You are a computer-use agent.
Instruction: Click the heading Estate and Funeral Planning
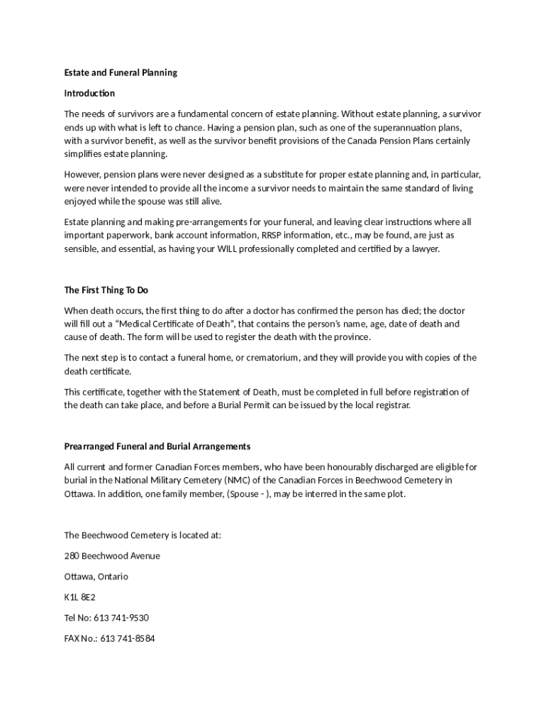(121, 72)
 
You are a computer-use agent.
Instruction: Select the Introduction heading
(89, 93)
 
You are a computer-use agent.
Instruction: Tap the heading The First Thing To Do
(106, 290)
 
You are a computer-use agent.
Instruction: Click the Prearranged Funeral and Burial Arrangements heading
(157, 447)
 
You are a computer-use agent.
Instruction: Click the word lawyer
(424, 248)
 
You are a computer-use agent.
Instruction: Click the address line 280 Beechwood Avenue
(112, 555)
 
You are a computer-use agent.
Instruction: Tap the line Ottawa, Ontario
(96, 576)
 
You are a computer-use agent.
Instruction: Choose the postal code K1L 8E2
(79, 597)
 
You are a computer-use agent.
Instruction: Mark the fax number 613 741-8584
(128, 638)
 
